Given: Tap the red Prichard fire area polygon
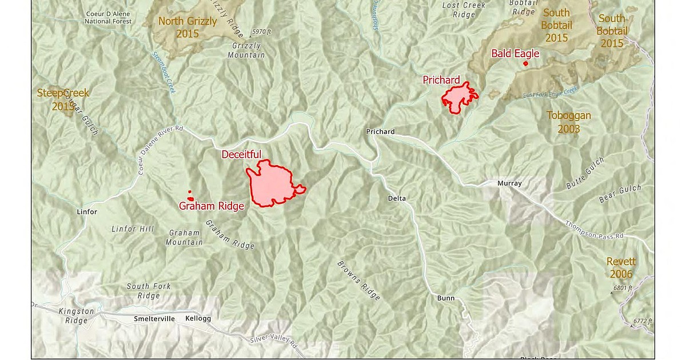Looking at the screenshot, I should (x=458, y=98).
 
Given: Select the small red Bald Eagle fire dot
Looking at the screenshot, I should (x=525, y=63).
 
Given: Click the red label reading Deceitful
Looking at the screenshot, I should (x=241, y=154).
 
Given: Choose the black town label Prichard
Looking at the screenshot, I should (x=380, y=132).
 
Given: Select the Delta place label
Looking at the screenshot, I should (x=397, y=199).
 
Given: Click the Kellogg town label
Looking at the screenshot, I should (x=198, y=318).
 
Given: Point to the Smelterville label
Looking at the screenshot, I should (x=154, y=318).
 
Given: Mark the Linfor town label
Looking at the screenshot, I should (x=87, y=212).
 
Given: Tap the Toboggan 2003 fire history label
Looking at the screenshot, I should (x=568, y=122).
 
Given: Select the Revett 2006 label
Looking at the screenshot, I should (x=621, y=268).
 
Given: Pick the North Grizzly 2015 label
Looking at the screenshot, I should (x=188, y=27).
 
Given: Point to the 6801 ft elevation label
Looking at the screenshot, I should (x=623, y=289).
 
